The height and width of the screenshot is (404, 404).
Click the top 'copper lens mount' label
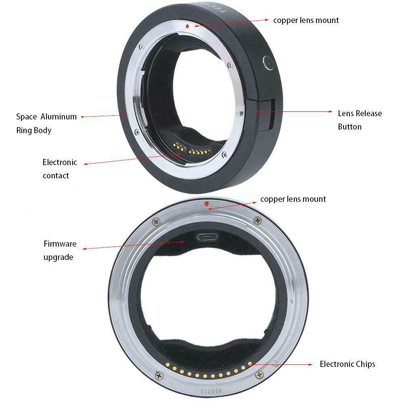click(x=306, y=20)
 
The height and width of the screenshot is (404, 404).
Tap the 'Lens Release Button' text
click(x=360, y=120)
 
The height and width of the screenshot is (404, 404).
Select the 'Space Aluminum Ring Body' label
click(x=46, y=123)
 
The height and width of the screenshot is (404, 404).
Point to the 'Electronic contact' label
click(x=59, y=169)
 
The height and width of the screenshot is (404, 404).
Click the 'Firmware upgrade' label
click(x=59, y=250)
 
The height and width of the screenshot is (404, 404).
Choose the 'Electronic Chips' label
click(x=347, y=364)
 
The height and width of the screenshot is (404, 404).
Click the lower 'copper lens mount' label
click(x=293, y=199)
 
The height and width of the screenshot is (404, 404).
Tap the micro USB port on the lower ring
click(x=205, y=237)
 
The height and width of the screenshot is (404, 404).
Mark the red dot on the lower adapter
click(x=207, y=203)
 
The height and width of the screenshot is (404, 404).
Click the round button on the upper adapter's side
click(x=268, y=61)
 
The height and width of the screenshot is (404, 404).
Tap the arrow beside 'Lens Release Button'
click(x=295, y=112)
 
